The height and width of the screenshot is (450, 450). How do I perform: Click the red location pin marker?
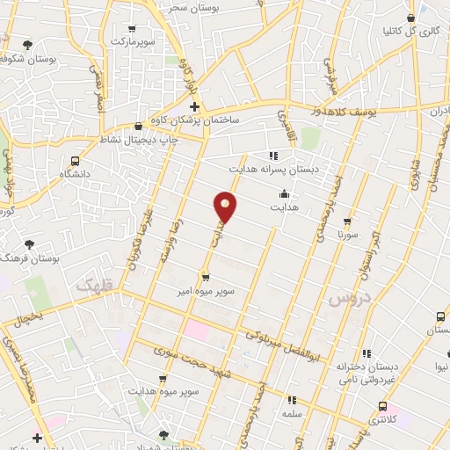click(226, 207)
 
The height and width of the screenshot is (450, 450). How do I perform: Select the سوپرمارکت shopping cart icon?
click(132, 28)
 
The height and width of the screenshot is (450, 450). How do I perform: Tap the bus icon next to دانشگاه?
click(76, 161)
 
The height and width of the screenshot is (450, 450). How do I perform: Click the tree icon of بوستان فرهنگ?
click(31, 243)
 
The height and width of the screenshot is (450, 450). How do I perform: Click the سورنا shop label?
click(348, 236)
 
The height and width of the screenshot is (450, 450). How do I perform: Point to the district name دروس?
click(346, 299)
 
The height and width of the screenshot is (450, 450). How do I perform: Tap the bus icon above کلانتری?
click(381, 405)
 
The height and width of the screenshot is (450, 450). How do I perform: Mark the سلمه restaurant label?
click(290, 412)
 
